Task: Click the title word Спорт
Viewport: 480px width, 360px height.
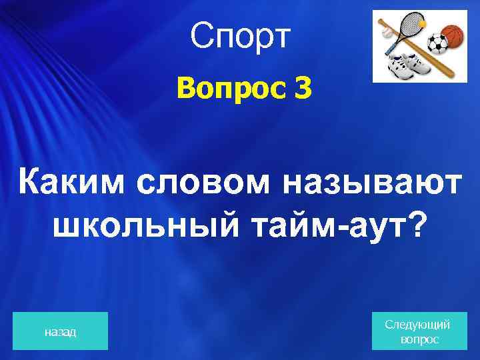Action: tap(240, 38)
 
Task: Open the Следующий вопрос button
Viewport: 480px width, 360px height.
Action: tap(418, 331)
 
